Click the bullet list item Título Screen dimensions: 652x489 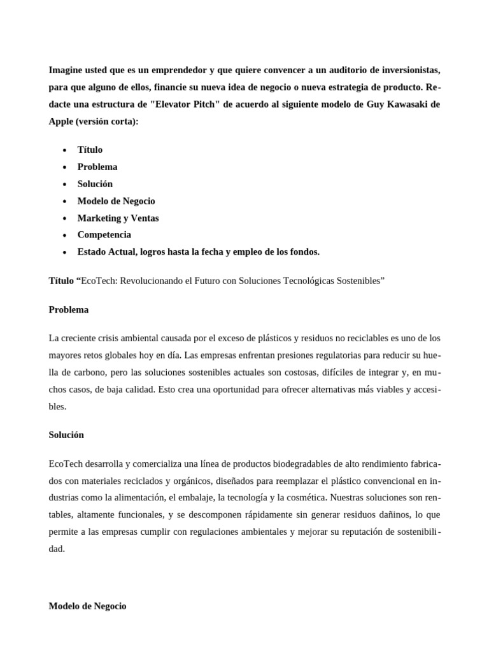point(90,150)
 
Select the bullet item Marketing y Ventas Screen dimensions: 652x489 point(118,218)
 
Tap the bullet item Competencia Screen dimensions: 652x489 point(104,235)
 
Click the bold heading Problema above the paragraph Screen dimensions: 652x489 point(69,310)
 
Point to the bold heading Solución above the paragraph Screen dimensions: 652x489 point(66,435)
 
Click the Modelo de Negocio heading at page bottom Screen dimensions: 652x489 point(87,606)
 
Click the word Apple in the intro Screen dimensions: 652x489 point(61,121)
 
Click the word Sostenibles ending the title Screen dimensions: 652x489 point(358,280)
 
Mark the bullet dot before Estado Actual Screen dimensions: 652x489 point(65,252)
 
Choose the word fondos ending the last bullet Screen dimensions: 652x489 point(305,252)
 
